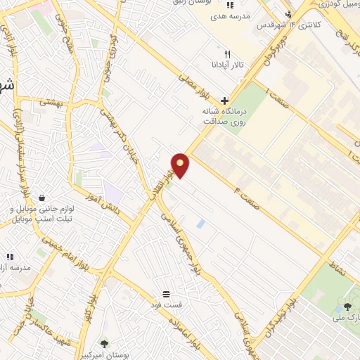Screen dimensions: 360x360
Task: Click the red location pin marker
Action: pos(181,165)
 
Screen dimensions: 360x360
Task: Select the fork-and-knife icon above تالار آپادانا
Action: pos(226,54)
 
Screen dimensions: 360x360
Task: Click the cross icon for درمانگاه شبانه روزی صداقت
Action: pos(224,100)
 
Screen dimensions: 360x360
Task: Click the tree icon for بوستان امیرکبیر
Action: pos(105,344)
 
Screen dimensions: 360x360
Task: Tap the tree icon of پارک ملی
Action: pos(347,306)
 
